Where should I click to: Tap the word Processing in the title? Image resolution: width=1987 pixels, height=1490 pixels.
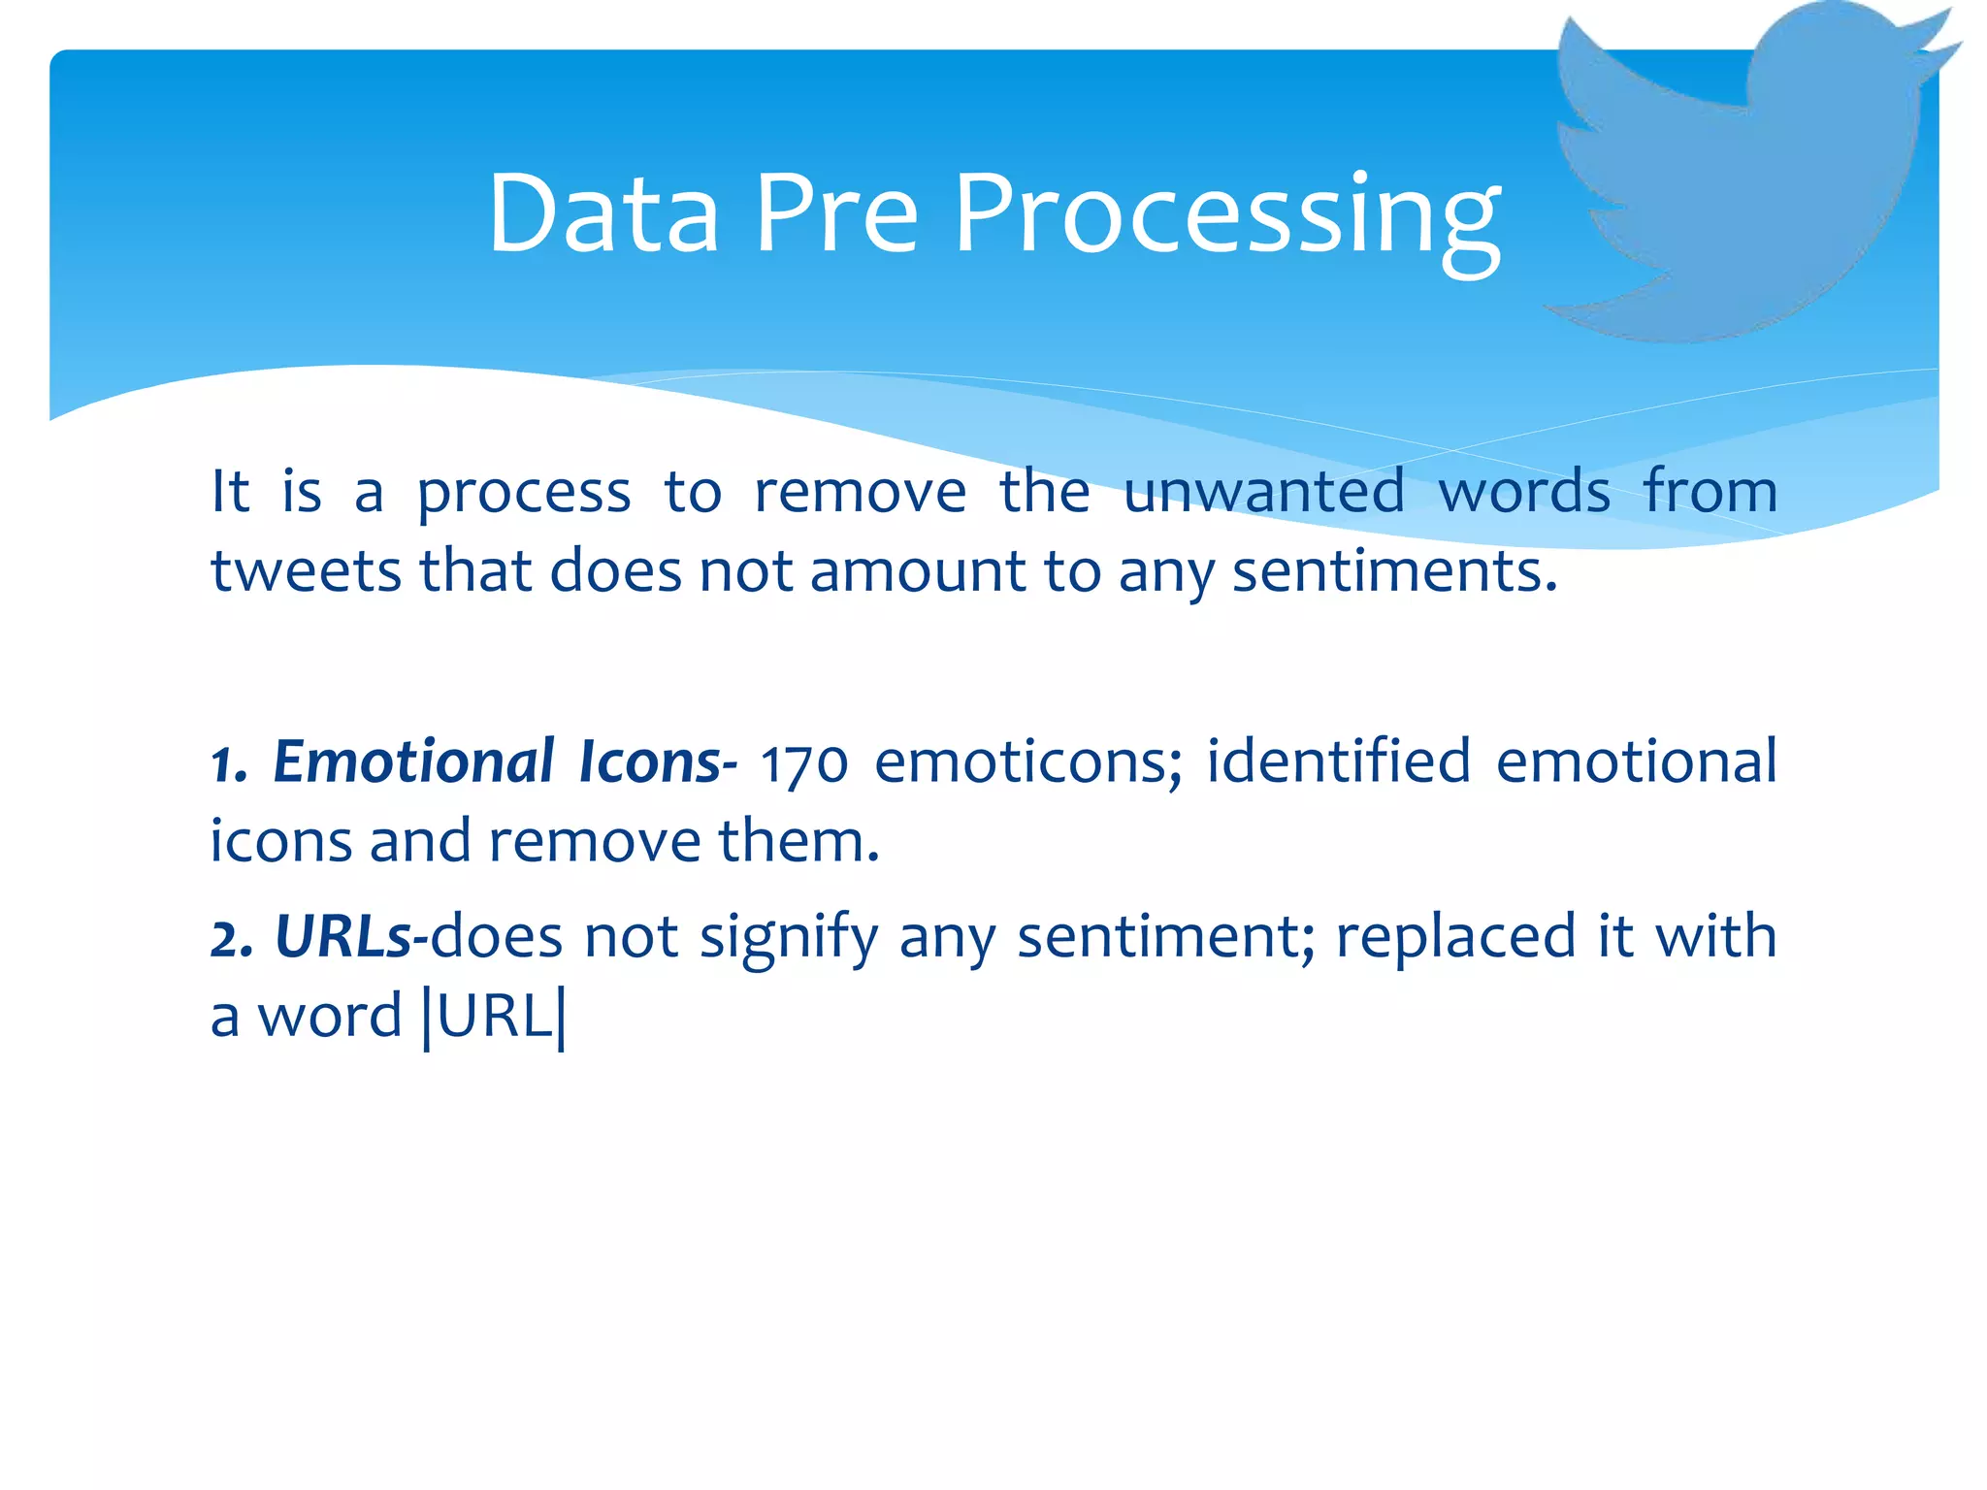(x=1227, y=218)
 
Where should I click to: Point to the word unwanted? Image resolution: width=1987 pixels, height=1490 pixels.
(x=1264, y=491)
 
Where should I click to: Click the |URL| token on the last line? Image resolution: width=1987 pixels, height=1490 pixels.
(x=494, y=1017)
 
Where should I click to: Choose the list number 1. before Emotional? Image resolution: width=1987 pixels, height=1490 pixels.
(x=229, y=764)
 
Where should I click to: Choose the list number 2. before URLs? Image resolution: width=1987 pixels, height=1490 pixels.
(x=232, y=939)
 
